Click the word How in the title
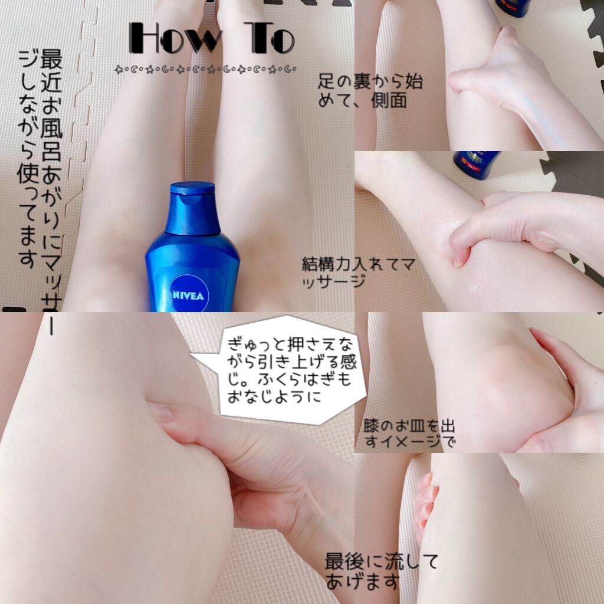pos(176,38)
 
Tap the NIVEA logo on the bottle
pos(188,296)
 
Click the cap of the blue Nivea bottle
pos(192,208)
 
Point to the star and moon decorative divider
pos(205,70)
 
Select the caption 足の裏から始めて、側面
pos(370,91)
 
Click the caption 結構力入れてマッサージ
pos(358,273)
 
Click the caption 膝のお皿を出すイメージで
pos(409,434)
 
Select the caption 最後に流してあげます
pos(382,571)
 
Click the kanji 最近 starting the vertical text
pos(51,71)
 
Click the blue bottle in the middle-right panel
pos(476,165)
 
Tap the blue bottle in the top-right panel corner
pos(513,8)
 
